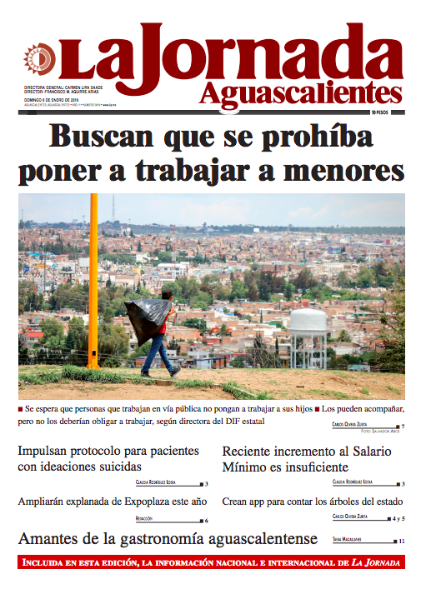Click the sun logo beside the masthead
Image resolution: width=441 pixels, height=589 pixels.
point(38,59)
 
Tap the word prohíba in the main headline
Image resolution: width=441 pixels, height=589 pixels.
point(307,136)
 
